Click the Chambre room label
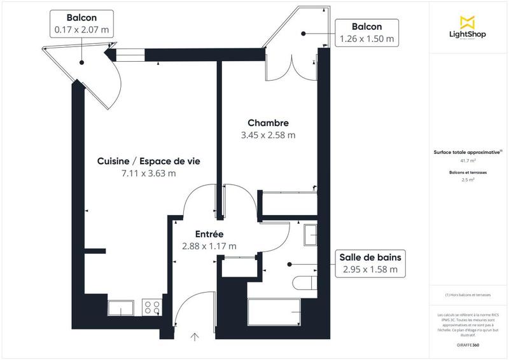[268, 123]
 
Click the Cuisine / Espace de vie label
[149, 162]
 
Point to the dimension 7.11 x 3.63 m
[149, 173]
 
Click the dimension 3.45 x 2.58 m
[268, 135]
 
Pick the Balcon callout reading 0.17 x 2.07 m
[81, 22]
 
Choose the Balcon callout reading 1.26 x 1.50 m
[366, 32]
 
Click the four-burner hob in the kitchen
[153, 308]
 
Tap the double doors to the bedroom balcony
[292, 67]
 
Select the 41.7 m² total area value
[468, 161]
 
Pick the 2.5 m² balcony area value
[468, 180]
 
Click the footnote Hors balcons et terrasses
[468, 294]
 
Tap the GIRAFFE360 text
[468, 344]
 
